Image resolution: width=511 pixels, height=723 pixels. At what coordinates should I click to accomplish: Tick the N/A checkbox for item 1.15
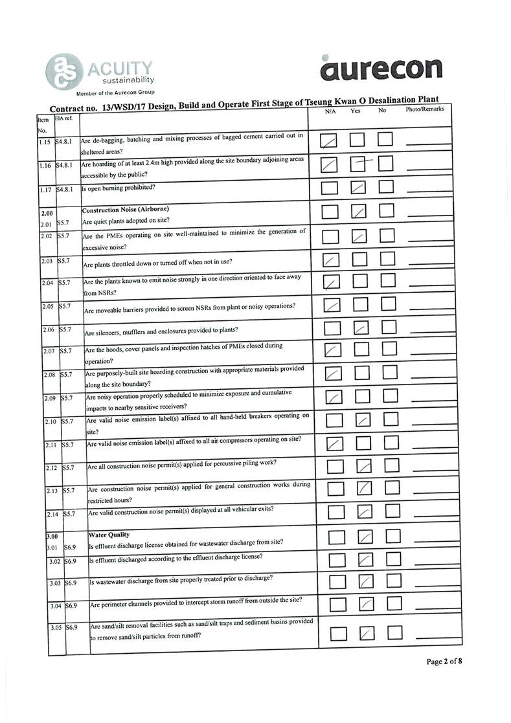(330, 141)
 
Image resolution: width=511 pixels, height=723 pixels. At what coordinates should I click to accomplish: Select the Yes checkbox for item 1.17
(358, 188)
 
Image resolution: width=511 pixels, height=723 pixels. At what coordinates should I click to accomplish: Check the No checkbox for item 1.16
(386, 164)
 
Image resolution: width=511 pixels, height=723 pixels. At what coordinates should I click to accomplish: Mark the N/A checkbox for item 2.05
(330, 305)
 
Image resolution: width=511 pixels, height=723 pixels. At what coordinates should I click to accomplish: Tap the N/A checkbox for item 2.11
(334, 443)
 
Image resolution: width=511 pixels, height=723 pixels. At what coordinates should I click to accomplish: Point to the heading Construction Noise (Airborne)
(126, 210)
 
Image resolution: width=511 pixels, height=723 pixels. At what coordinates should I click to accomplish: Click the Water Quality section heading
(109, 535)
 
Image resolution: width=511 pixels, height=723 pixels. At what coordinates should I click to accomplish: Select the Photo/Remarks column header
(424, 109)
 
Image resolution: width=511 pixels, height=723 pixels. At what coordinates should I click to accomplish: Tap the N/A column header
(330, 111)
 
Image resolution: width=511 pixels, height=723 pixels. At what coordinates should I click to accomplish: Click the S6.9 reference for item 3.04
(71, 606)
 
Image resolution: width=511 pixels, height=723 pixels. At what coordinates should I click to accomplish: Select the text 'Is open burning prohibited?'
(118, 188)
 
